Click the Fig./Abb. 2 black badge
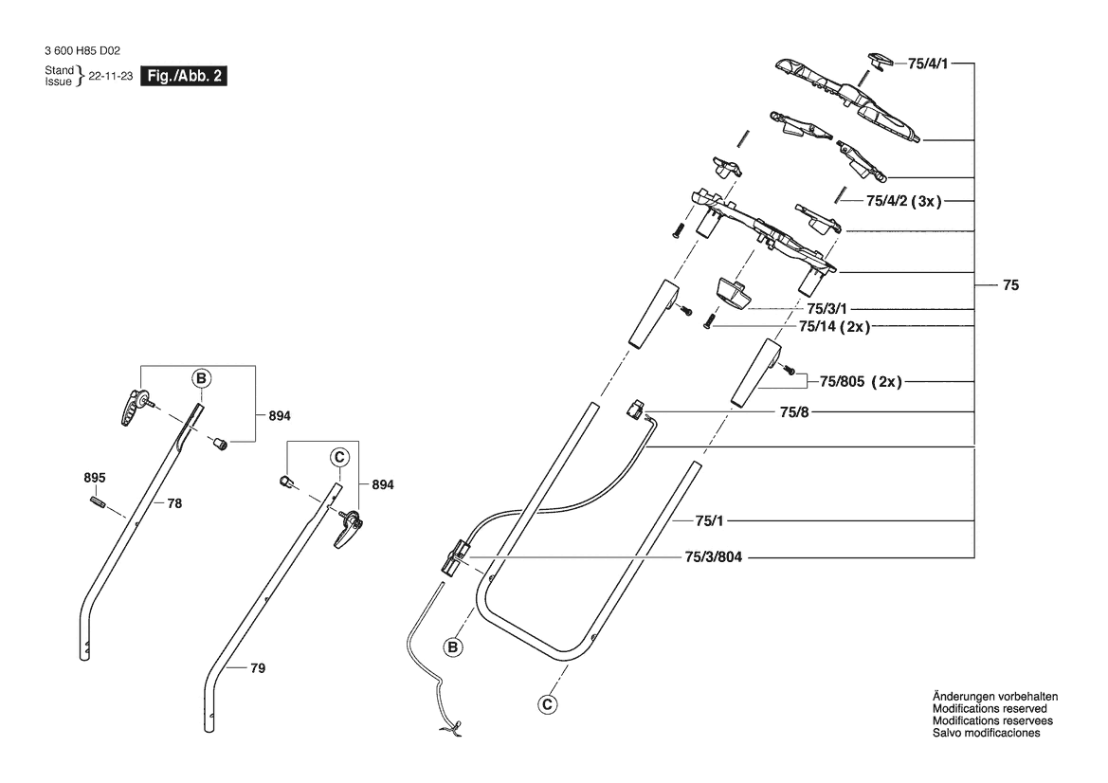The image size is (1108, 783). coord(184,76)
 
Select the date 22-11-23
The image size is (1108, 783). coord(110,77)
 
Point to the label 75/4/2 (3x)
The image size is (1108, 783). coord(903,202)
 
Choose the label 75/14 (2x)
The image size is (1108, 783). coord(834,327)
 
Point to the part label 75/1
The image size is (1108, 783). coord(710,520)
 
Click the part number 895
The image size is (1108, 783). coord(95,477)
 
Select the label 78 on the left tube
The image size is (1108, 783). coord(174,505)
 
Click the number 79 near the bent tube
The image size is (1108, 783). coord(258,669)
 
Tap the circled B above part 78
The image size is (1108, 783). coord(200,379)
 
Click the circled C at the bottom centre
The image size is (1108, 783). coord(547,703)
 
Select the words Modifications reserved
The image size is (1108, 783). coord(990,708)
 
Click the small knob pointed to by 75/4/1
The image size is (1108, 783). coord(881,61)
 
